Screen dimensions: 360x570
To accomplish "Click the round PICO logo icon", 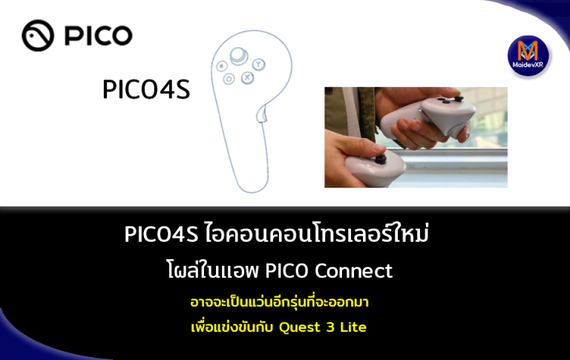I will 38,35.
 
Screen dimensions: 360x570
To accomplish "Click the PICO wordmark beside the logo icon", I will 98,35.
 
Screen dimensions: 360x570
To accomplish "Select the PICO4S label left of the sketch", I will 146,91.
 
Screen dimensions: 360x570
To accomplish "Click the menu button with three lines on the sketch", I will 222,66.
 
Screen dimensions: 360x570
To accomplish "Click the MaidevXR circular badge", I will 528,56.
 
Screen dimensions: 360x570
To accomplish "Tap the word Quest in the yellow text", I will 301,327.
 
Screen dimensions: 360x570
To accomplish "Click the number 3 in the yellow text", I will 330,327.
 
